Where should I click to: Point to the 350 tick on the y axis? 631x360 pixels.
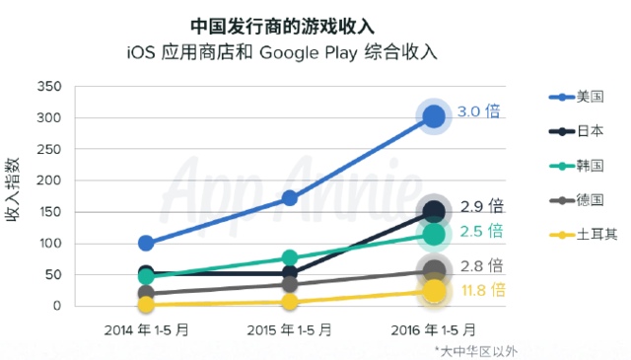point(48,87)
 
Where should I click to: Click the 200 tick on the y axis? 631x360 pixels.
point(48,180)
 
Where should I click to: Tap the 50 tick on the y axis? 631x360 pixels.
point(52,274)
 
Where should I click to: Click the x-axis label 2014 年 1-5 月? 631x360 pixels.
point(146,328)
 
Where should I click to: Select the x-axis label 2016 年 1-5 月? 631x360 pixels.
point(434,328)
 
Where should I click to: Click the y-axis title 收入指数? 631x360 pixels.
point(17,194)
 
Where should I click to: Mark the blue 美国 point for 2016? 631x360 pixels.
point(434,117)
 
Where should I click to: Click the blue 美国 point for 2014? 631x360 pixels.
point(146,243)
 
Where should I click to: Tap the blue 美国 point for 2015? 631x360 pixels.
point(290,197)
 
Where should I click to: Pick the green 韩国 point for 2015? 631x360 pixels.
point(290,257)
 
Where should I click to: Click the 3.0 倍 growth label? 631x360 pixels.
point(480,111)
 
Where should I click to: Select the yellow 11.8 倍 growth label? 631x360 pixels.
point(482,290)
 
